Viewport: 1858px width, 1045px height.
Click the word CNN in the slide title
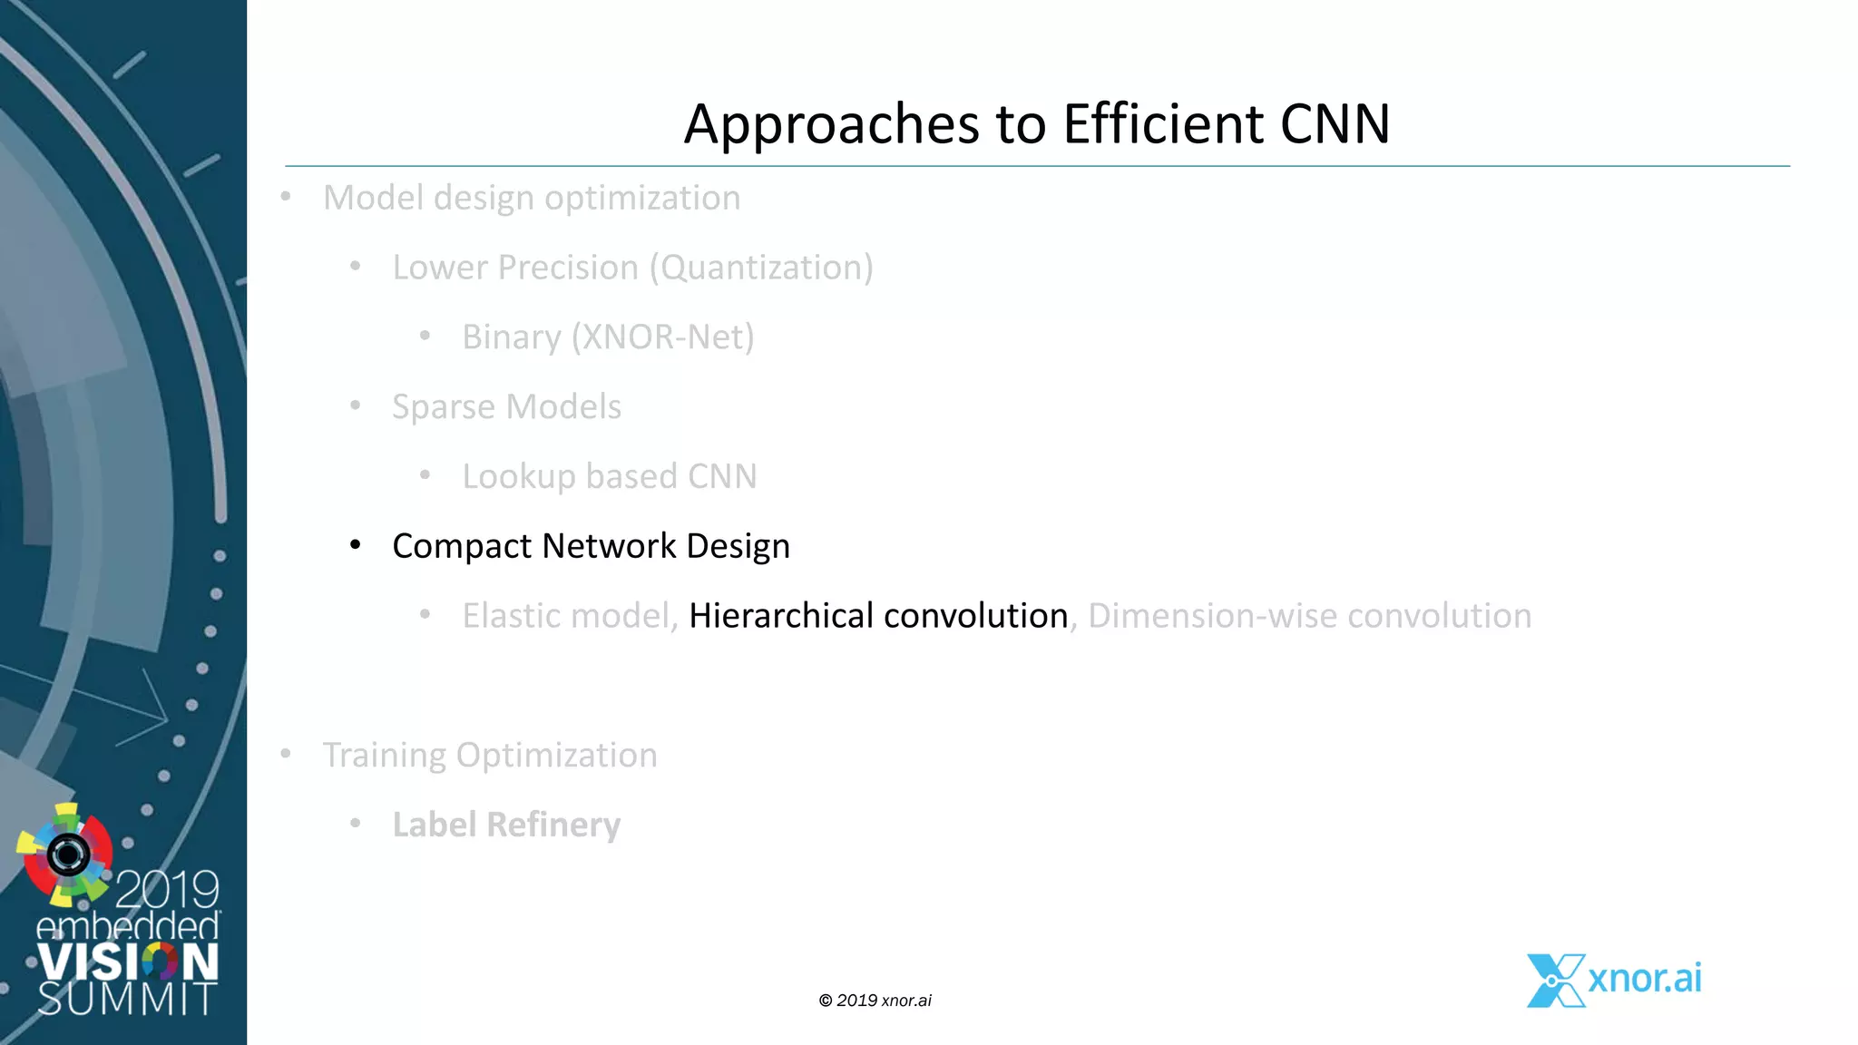click(1335, 123)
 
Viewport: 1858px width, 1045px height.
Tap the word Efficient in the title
click(1162, 123)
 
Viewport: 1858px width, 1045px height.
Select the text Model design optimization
click(532, 198)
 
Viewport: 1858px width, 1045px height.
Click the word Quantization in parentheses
click(761, 268)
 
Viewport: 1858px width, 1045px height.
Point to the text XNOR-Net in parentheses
click(662, 337)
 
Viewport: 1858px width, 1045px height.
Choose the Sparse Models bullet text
click(506, 407)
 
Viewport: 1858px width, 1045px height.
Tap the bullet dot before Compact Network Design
click(356, 545)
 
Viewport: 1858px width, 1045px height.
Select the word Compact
click(461, 547)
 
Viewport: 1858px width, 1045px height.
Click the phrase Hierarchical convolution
click(878, 616)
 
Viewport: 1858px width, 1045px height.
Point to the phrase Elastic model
click(565, 616)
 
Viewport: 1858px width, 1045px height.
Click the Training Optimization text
click(490, 756)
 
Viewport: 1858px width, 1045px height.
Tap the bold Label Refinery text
click(506, 825)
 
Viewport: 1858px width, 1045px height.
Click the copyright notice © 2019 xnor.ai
click(875, 1001)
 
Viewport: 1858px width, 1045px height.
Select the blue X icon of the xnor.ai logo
click(1555, 981)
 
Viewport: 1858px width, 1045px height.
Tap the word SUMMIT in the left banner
click(127, 999)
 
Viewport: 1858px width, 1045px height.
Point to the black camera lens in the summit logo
click(68, 854)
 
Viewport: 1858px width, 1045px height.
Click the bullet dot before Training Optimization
click(286, 754)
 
